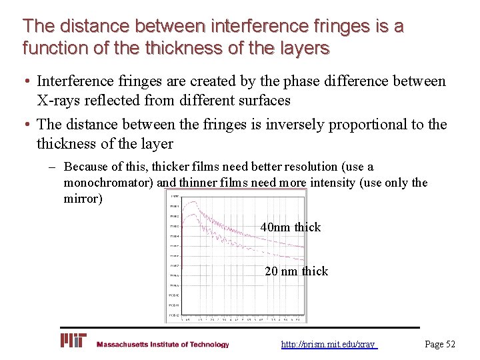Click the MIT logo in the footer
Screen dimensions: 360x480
click(x=73, y=341)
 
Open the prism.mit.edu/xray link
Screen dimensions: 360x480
click(x=328, y=344)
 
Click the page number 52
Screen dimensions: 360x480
click(x=440, y=344)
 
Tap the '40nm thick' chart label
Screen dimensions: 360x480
click(x=291, y=227)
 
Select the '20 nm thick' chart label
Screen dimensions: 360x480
click(x=296, y=271)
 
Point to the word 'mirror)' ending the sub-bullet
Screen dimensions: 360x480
click(x=83, y=199)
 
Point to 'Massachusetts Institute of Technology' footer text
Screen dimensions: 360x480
click(x=163, y=345)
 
